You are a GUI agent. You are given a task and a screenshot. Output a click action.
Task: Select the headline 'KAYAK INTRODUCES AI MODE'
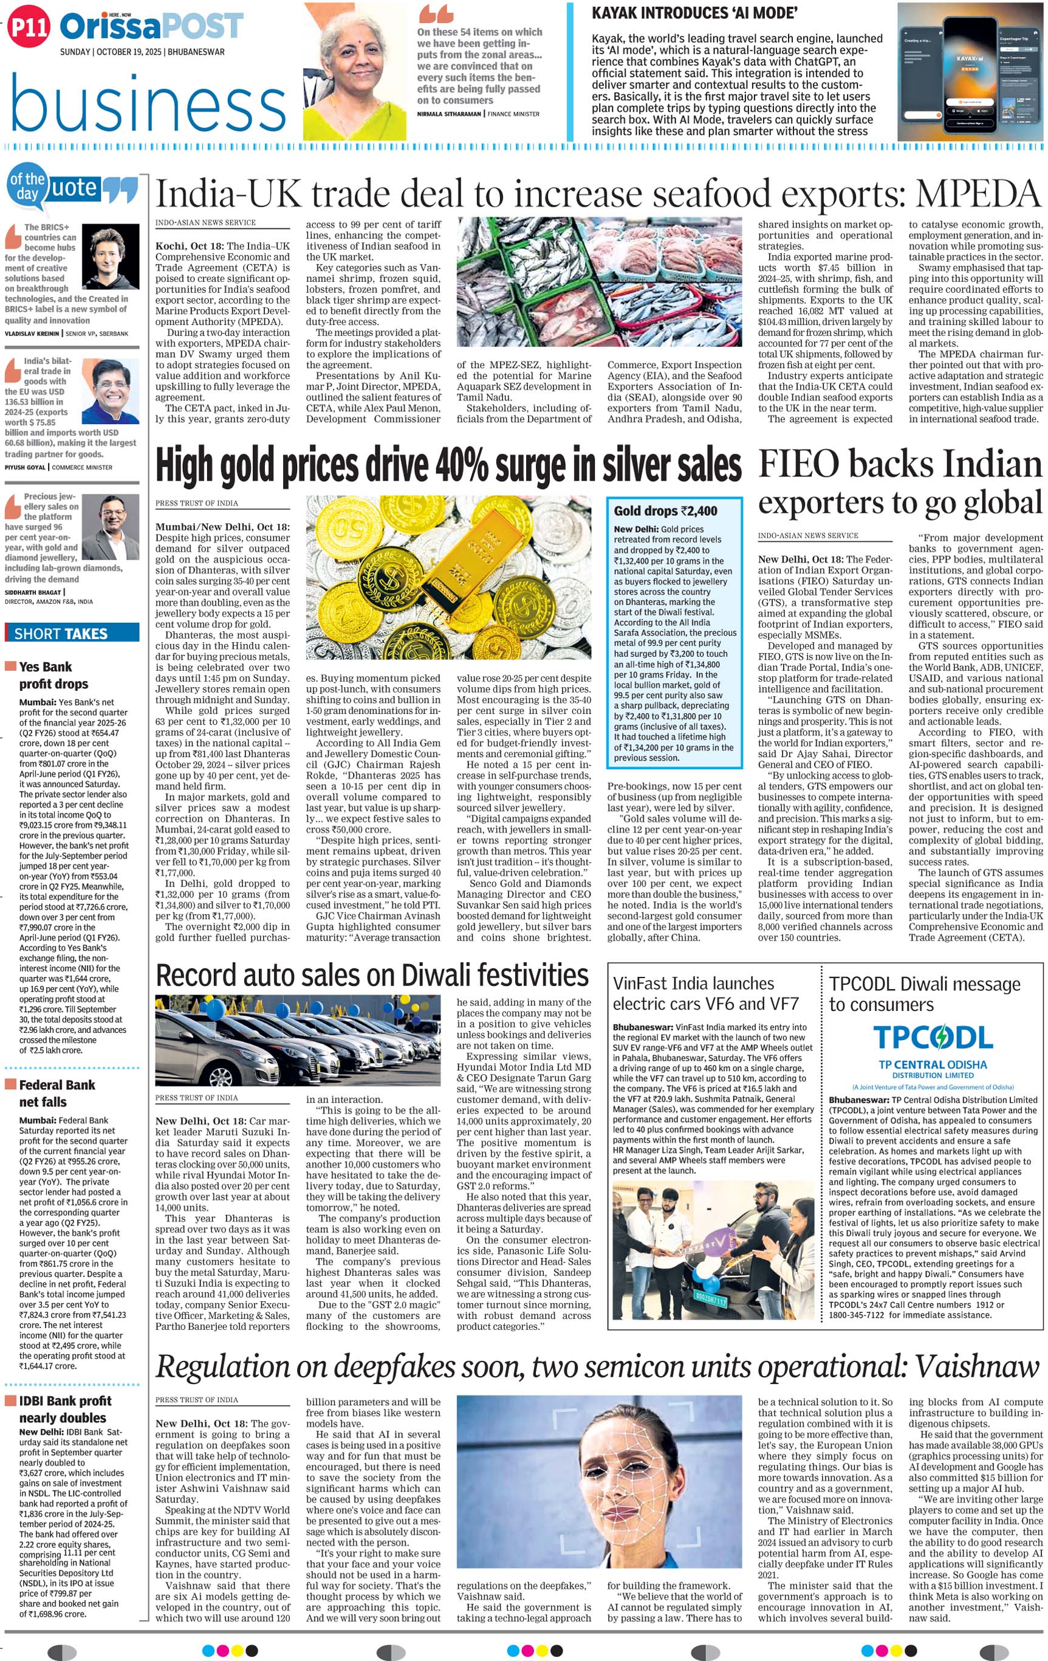(x=694, y=13)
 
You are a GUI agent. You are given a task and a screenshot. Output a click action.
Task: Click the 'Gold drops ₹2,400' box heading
(x=665, y=510)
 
